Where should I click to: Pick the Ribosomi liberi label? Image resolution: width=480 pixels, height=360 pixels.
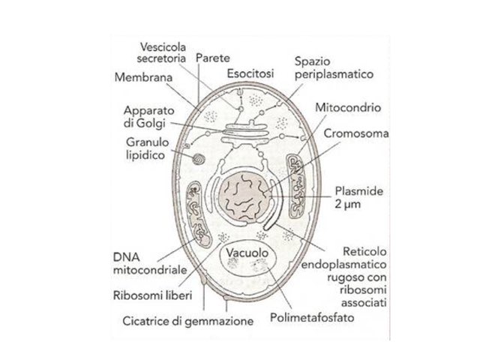[156, 295]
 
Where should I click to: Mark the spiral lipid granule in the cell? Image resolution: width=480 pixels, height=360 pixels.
[199, 159]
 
